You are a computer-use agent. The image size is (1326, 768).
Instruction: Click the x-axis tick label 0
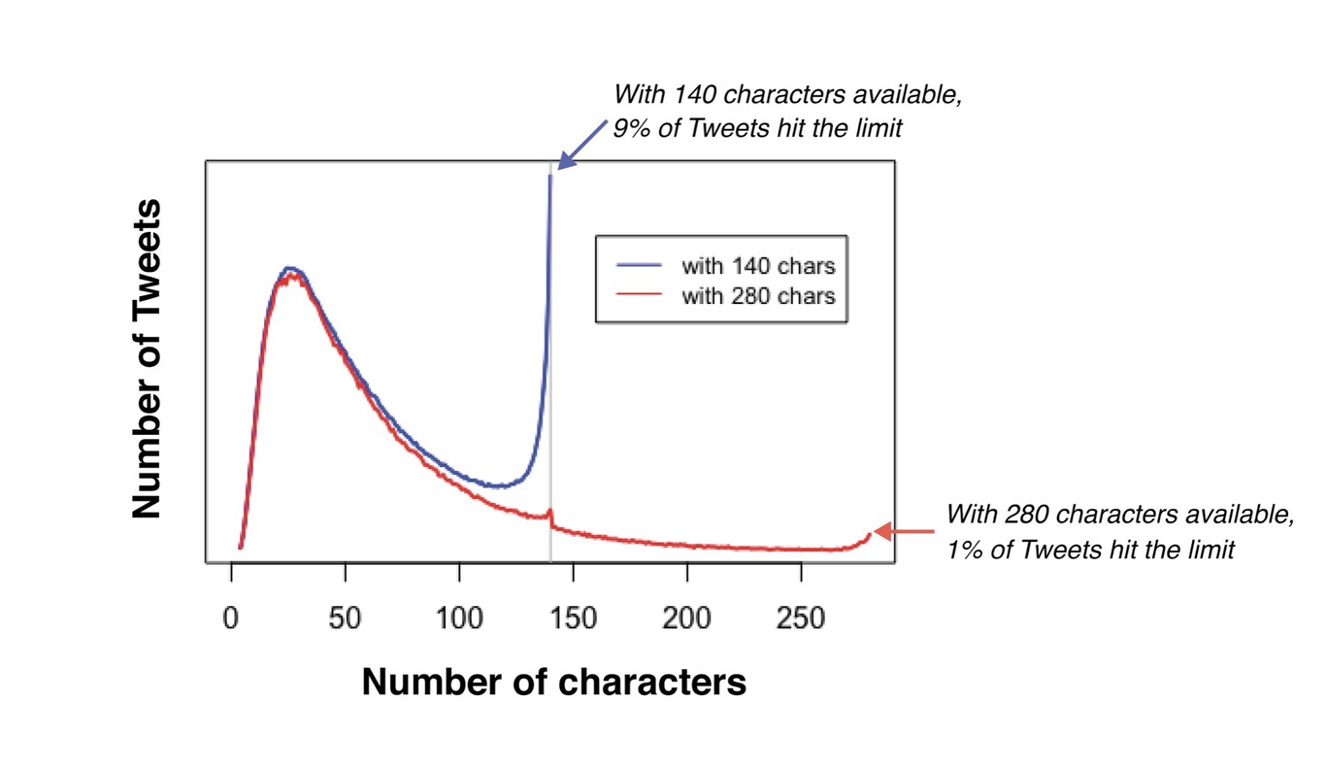231,619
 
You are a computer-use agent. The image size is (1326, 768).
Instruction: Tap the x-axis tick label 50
345,619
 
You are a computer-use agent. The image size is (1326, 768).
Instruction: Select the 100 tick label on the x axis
459,619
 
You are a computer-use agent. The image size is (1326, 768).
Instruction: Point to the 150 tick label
573,619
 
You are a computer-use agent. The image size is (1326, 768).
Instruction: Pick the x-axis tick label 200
686,619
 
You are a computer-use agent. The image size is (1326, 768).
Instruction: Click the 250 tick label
800,619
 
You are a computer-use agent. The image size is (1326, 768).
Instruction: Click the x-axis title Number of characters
554,683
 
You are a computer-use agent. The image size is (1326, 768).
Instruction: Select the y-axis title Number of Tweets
147,359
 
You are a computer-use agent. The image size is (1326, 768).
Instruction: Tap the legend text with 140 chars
757,265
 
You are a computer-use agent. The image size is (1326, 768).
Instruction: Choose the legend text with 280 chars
757,296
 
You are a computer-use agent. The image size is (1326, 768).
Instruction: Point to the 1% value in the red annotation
961,550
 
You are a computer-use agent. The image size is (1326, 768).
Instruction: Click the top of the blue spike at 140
550,177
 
